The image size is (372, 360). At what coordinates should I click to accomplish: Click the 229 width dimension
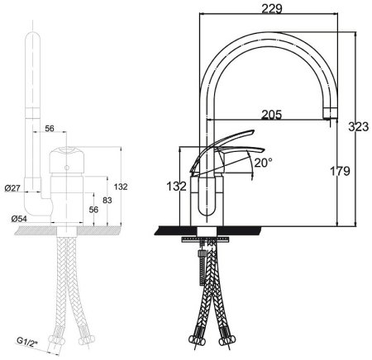pos(272,9)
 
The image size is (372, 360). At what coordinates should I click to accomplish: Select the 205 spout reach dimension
pos(271,115)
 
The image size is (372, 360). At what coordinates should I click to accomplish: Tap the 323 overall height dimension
pos(358,126)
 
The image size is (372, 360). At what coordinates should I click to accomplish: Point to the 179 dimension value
pos(340,171)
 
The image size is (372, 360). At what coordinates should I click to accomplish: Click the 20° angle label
pos(263,163)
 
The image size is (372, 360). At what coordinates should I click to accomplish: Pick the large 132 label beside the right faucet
pos(176,187)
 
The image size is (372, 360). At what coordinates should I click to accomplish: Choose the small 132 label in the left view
pos(121,187)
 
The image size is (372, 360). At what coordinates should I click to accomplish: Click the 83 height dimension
pos(107,200)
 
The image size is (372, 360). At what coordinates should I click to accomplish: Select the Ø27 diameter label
pos(12,188)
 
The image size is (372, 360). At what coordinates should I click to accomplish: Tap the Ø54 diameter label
pos(19,219)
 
